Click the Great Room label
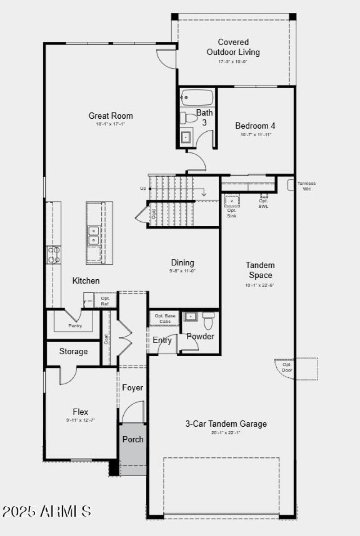111,116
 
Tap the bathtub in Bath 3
197,97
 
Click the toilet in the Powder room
208,321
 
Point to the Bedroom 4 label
255,126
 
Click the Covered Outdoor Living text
233,47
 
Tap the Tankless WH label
306,186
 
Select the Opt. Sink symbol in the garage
232,201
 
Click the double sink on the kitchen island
93,235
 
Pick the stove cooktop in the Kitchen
54,255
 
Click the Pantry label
75,326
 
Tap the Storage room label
73,352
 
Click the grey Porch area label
133,439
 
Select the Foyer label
133,388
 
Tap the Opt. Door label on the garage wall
287,367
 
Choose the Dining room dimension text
182,271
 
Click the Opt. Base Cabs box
165,318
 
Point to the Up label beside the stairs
143,188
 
